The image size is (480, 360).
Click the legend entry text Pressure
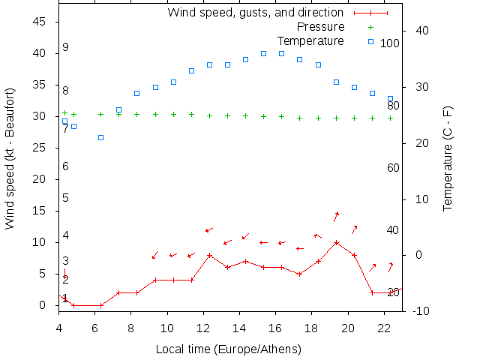315,26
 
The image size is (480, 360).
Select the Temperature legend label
310,40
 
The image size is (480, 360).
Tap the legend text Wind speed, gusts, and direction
255,12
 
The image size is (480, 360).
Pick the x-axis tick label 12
203,328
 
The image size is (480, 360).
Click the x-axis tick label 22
384,328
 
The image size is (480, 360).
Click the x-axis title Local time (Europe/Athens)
228,349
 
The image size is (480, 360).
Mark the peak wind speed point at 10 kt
336,242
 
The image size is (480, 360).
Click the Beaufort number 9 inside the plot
66,47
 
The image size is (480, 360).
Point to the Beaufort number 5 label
66,198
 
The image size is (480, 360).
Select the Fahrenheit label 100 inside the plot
390,43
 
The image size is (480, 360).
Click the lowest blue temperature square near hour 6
100,137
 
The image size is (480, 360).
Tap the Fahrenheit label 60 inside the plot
393,168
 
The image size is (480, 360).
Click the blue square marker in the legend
370,40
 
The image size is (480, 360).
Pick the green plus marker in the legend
370,26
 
